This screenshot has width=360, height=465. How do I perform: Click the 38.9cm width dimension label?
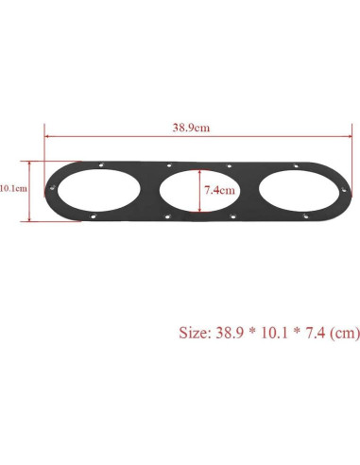tap(185, 126)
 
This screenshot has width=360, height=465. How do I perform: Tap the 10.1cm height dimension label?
tap(13, 188)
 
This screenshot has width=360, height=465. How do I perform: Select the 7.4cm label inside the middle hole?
tap(219, 189)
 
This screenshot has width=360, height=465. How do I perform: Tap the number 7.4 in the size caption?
tap(318, 333)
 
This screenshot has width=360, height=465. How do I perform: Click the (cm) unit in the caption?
tap(346, 333)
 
